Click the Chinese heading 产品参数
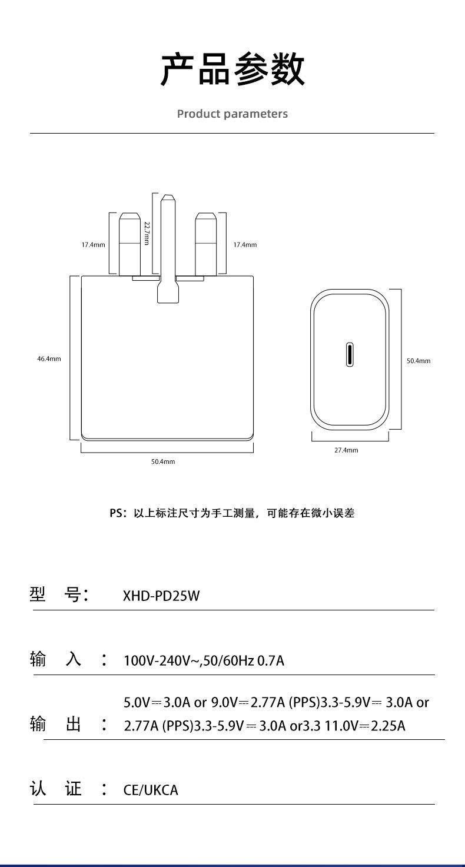click(232, 69)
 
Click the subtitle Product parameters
click(232, 114)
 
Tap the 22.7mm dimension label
click(147, 233)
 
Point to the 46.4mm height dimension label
click(49, 359)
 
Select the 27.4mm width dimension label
click(346, 450)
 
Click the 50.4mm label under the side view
click(163, 461)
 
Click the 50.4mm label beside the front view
click(418, 361)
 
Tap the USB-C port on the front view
click(350, 354)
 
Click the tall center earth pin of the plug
click(168, 248)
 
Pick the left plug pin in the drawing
click(129, 244)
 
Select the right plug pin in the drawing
click(205, 244)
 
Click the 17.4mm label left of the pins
click(93, 245)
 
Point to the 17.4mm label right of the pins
click(245, 245)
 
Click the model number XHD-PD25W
click(161, 596)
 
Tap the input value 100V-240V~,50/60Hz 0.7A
click(204, 660)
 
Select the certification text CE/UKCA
click(151, 790)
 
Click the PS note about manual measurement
click(232, 513)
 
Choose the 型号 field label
click(58, 594)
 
